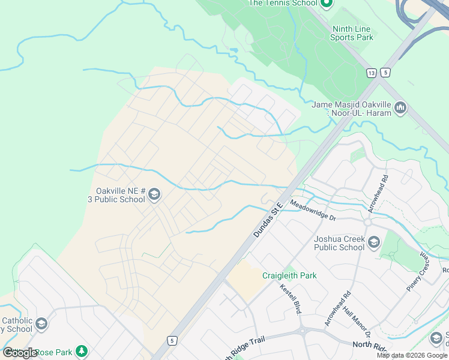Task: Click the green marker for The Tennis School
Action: pos(327,4)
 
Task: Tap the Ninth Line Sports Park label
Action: pos(351,33)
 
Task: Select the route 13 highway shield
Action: pos(372,73)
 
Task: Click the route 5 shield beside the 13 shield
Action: pos(385,73)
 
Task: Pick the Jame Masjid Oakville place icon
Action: pos(401,109)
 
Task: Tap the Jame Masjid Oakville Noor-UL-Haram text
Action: pos(352,109)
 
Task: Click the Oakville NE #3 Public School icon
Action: pos(154,193)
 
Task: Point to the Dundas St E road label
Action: pos(268,220)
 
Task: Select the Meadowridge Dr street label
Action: pos(313,211)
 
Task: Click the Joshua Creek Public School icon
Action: pos(373,242)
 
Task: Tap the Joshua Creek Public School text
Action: pos(339,243)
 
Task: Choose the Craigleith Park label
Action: pos(289,275)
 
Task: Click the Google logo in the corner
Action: pos(20,353)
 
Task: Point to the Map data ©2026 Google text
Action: pos(412,355)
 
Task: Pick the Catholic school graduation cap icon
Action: pos(41,325)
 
